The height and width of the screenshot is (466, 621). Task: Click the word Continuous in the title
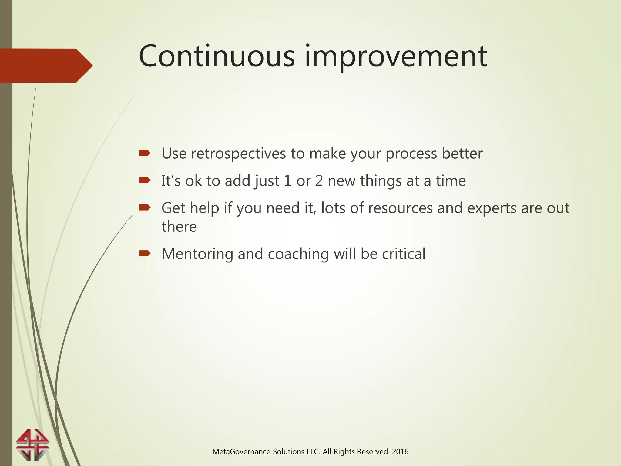click(x=217, y=56)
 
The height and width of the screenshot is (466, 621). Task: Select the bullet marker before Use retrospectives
click(x=145, y=153)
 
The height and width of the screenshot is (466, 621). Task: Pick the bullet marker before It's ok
click(x=145, y=181)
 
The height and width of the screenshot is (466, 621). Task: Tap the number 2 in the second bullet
click(x=319, y=181)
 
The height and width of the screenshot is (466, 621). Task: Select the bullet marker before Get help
click(x=145, y=208)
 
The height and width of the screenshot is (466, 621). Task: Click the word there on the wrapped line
click(x=179, y=227)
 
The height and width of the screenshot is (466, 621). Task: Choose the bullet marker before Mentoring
click(x=145, y=253)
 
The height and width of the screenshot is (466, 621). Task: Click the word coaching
click(x=298, y=254)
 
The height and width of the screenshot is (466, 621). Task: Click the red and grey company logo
click(x=32, y=444)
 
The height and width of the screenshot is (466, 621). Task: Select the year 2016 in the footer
click(x=400, y=452)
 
